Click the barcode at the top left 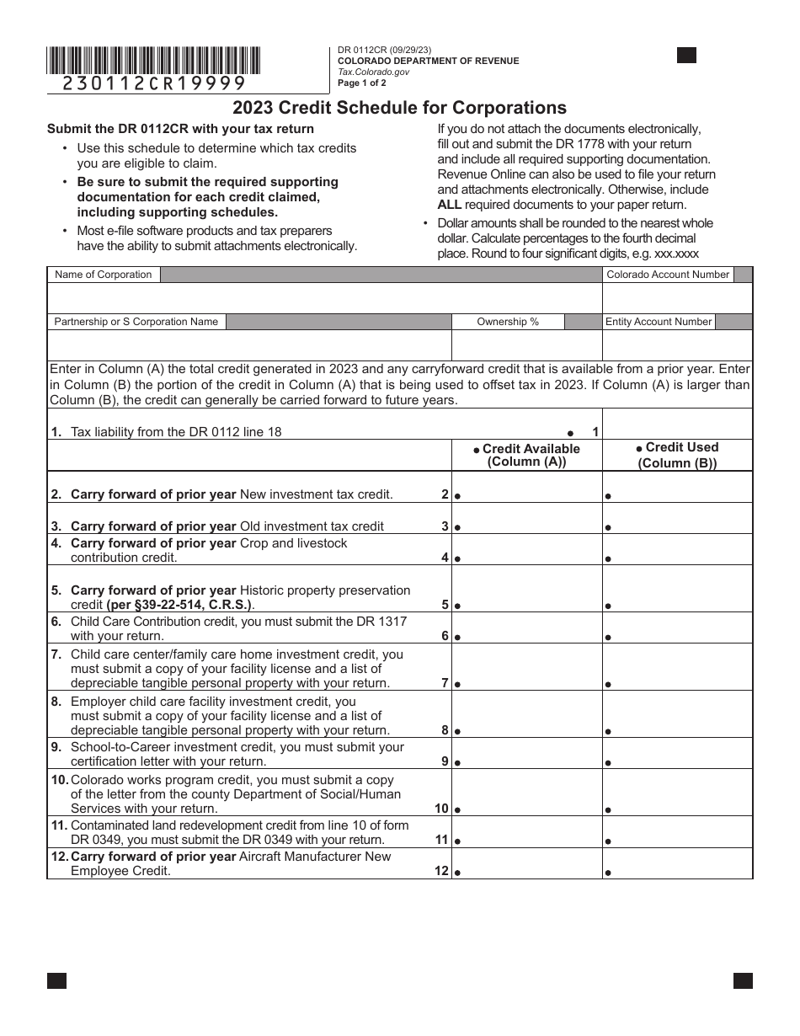(x=153, y=61)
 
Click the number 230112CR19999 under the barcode (x=155, y=83)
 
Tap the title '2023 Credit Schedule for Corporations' (x=399, y=108)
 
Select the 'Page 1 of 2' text (x=362, y=83)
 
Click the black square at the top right (x=686, y=56)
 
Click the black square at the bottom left (x=56, y=980)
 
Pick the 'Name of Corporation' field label (x=103, y=275)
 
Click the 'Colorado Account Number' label (x=668, y=275)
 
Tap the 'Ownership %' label (x=508, y=322)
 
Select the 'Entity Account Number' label (x=659, y=322)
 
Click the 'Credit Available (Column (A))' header (x=527, y=455)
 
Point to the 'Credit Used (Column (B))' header (x=678, y=455)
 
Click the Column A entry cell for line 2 (x=527, y=488)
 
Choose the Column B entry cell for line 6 (x=678, y=628)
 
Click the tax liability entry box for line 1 (x=678, y=425)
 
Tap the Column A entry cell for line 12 (x=527, y=863)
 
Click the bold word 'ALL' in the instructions (x=450, y=205)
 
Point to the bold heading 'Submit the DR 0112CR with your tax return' (x=180, y=129)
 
